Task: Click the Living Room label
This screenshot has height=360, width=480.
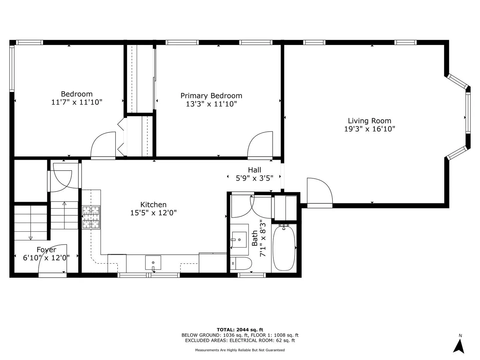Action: pos(369,121)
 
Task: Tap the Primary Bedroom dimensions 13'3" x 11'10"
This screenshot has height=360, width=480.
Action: pos(211,104)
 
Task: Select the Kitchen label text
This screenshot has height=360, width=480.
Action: pos(153,205)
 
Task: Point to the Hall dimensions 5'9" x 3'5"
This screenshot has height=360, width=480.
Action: pos(254,178)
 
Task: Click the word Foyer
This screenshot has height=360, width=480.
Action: pos(46,250)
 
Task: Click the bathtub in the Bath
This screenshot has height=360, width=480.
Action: pos(284,248)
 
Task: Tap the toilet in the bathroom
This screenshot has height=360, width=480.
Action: pos(241,263)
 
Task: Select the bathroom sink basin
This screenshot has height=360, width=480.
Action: pos(239,240)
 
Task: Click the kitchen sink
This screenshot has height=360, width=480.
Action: pos(153,263)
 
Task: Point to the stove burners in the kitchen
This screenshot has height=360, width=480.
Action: pos(91,217)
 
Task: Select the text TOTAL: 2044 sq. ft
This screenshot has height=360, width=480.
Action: pos(240,330)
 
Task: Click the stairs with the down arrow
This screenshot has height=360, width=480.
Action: pos(31,223)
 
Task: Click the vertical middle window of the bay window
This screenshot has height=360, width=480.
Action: pos(468,113)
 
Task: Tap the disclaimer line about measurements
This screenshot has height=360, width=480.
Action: pos(240,350)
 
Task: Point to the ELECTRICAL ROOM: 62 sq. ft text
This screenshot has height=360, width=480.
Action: pos(262,340)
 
